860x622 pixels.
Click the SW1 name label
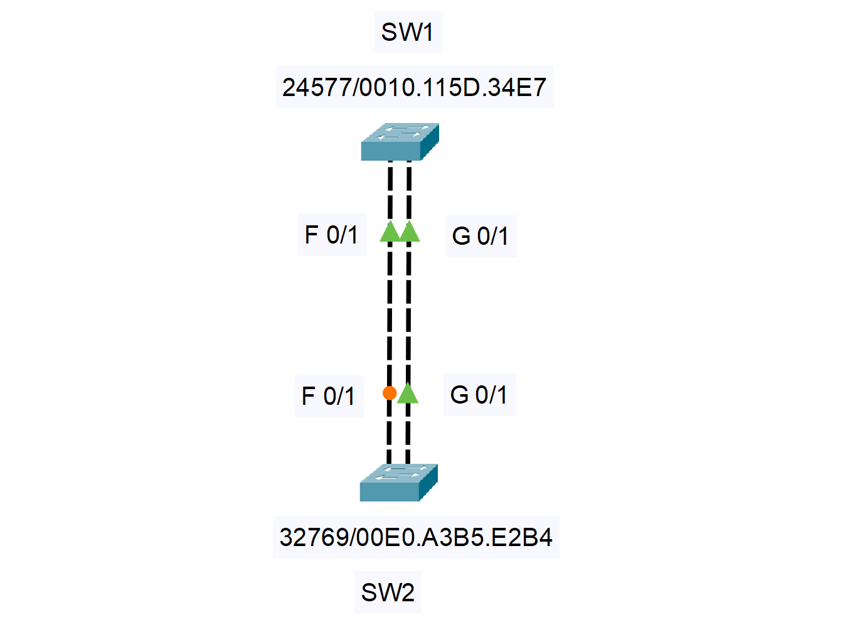(407, 32)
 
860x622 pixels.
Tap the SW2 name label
(388, 593)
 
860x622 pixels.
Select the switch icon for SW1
(400, 142)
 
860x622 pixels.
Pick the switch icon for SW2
(398, 483)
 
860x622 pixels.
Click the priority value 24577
(316, 88)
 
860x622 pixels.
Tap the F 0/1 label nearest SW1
(331, 235)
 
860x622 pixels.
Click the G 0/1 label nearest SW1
(480, 237)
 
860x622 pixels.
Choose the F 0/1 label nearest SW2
(329, 396)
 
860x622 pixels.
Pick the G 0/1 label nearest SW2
(479, 395)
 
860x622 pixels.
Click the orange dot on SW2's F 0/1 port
(390, 393)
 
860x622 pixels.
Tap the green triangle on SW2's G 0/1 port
(408, 394)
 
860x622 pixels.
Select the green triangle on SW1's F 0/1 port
(390, 232)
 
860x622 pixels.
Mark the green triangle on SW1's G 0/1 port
(410, 232)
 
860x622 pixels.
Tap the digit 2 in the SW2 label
(407, 593)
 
